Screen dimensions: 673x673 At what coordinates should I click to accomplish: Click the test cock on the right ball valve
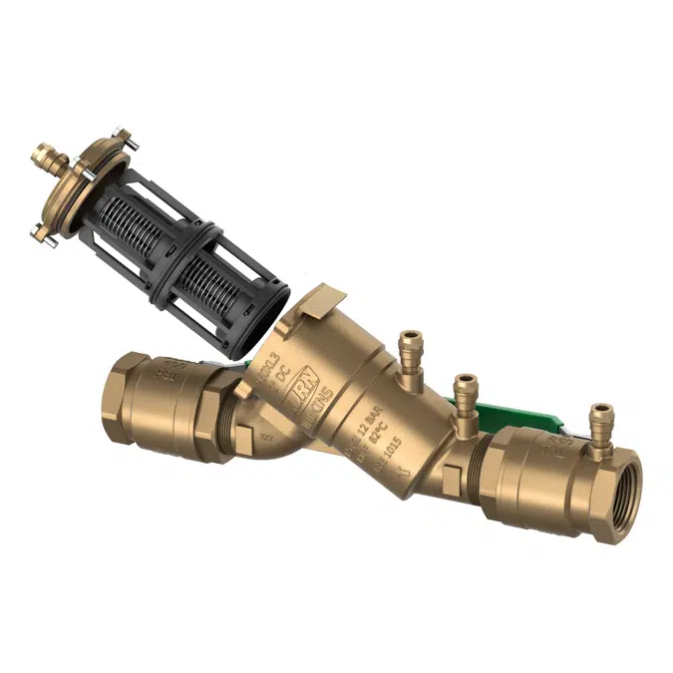tap(601, 425)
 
